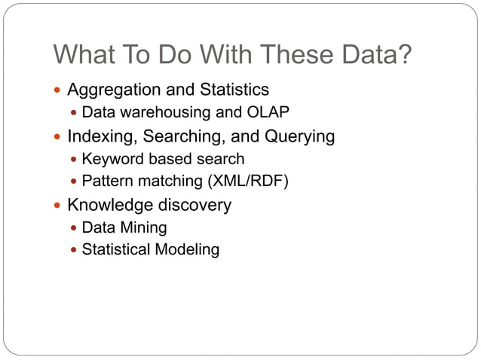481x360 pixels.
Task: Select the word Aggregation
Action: pos(112,90)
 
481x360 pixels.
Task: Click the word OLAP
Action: pos(268,113)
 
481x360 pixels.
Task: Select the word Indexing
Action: pos(97,136)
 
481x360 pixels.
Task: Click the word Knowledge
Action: pos(106,205)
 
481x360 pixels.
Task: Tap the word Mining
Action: pos(143,227)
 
